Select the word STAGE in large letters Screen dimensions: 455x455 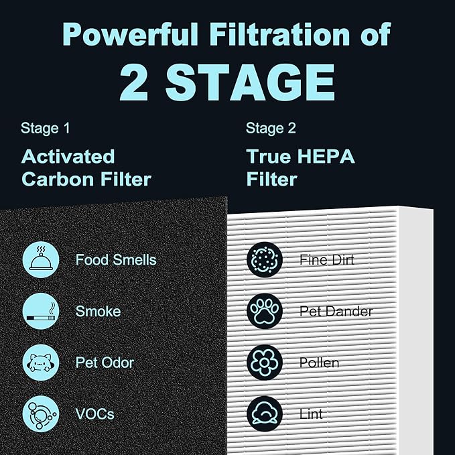[249, 82]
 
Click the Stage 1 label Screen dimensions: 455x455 [45, 128]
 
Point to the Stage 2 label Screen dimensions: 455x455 [271, 128]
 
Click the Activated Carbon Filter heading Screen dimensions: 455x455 [86, 168]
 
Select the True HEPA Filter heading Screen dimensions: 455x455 [300, 168]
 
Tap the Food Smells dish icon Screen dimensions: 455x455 [42, 259]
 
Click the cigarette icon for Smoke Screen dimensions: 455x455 [42, 311]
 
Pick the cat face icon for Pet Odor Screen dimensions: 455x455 [42, 363]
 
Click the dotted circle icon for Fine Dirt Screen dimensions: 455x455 [264, 259]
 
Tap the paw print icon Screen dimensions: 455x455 [264, 311]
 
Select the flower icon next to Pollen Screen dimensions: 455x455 [264, 363]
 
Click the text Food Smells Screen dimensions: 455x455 [116, 259]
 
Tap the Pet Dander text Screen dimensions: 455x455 [336, 311]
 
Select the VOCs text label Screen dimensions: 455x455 [94, 414]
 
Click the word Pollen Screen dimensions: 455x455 [320, 363]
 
